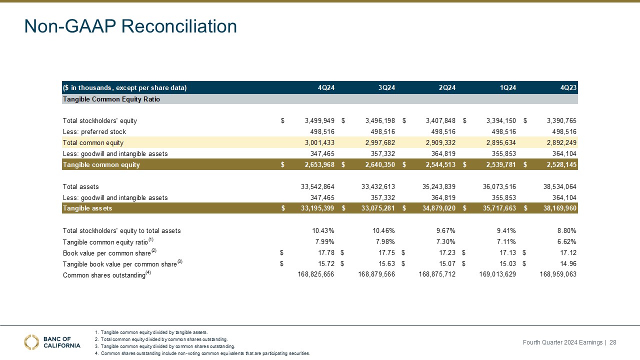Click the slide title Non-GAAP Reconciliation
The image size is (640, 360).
pos(130,26)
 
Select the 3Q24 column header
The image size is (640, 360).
pos(387,88)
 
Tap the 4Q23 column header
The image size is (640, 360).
pos(569,88)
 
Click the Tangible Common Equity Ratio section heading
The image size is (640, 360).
pos(111,99)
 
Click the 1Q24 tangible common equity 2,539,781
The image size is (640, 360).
pos(499,164)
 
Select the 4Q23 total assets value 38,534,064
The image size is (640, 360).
pos(559,186)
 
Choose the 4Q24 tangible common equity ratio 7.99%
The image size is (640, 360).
pos(323,242)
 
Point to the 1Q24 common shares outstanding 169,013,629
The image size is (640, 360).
pos(497,275)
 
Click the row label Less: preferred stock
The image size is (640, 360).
pos(94,131)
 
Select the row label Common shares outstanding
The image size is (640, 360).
pos(104,275)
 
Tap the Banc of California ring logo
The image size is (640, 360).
pos(31,342)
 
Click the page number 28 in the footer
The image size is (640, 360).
pos(612,342)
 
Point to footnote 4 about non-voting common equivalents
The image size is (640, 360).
pos(205,353)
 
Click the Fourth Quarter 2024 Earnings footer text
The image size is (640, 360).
pos(562,342)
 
